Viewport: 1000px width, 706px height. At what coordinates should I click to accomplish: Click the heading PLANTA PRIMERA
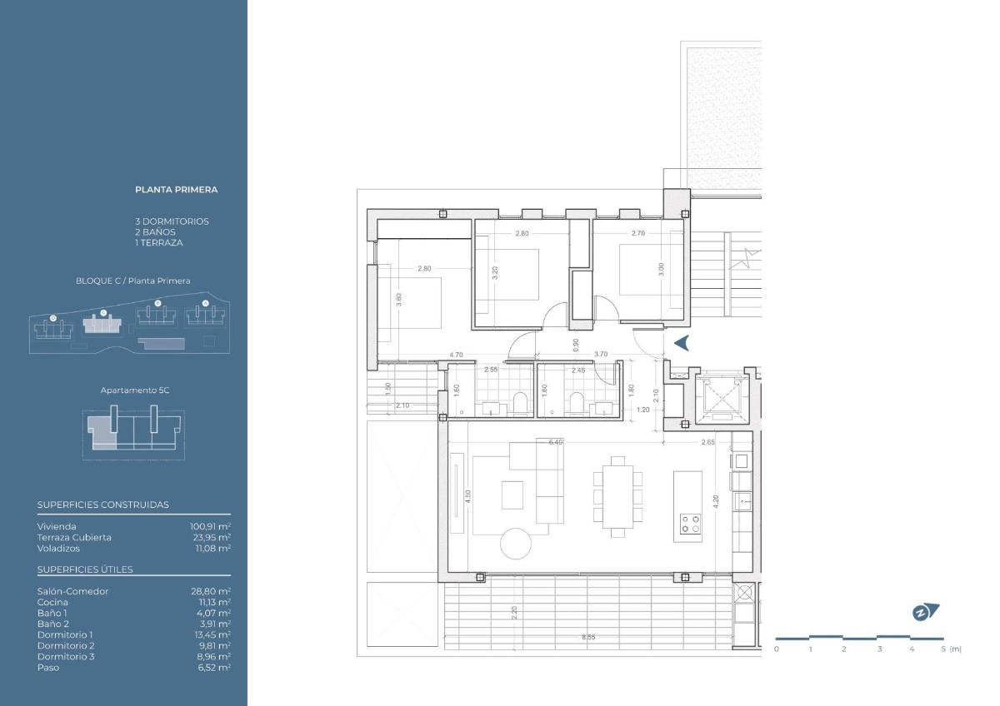[176, 190]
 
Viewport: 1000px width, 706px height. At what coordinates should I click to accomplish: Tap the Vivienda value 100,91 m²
[210, 526]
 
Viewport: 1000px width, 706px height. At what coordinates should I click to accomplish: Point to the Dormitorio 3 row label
[66, 656]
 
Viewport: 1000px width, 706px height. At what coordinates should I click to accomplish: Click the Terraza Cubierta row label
[74, 537]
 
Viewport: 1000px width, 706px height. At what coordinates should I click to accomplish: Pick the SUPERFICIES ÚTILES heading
[85, 569]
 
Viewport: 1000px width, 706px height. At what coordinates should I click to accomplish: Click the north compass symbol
[925, 613]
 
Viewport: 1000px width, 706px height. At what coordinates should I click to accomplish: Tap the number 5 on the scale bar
[943, 649]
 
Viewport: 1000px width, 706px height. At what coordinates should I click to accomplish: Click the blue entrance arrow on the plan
[681, 342]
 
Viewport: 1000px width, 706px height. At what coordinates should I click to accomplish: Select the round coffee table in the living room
[515, 544]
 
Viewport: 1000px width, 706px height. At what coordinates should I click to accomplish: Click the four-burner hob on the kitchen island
[690, 523]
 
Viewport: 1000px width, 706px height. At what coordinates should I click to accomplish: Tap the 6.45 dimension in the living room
[555, 442]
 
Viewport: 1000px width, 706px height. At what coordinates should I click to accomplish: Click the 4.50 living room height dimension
[469, 497]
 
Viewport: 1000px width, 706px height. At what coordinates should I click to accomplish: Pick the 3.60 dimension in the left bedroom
[399, 301]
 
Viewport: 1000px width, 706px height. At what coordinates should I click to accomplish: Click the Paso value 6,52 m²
[214, 667]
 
